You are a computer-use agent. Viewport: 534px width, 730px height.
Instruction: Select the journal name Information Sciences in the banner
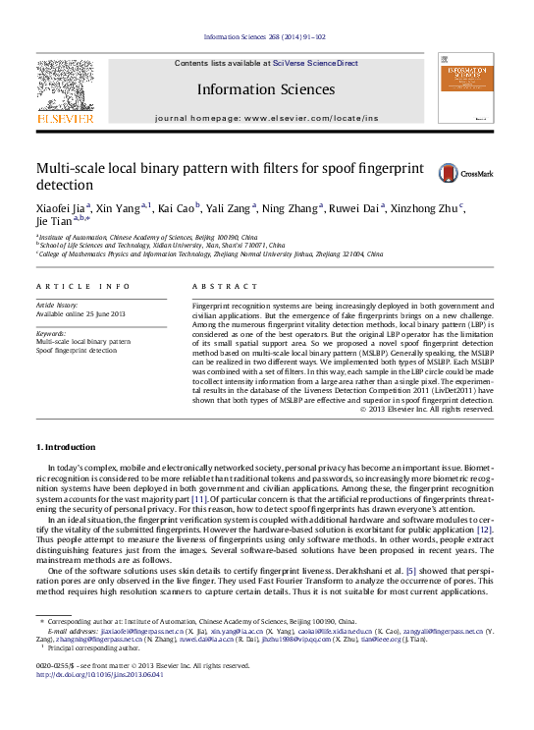(266, 89)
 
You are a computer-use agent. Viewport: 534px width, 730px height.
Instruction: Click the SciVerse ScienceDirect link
(315, 63)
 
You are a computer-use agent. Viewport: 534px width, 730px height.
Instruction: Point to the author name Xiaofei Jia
(61, 207)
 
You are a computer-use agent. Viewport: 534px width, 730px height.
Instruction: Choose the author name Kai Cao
(178, 207)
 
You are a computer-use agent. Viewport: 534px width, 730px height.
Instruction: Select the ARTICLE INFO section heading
(82, 286)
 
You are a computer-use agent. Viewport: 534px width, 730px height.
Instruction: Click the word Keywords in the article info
(51, 334)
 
